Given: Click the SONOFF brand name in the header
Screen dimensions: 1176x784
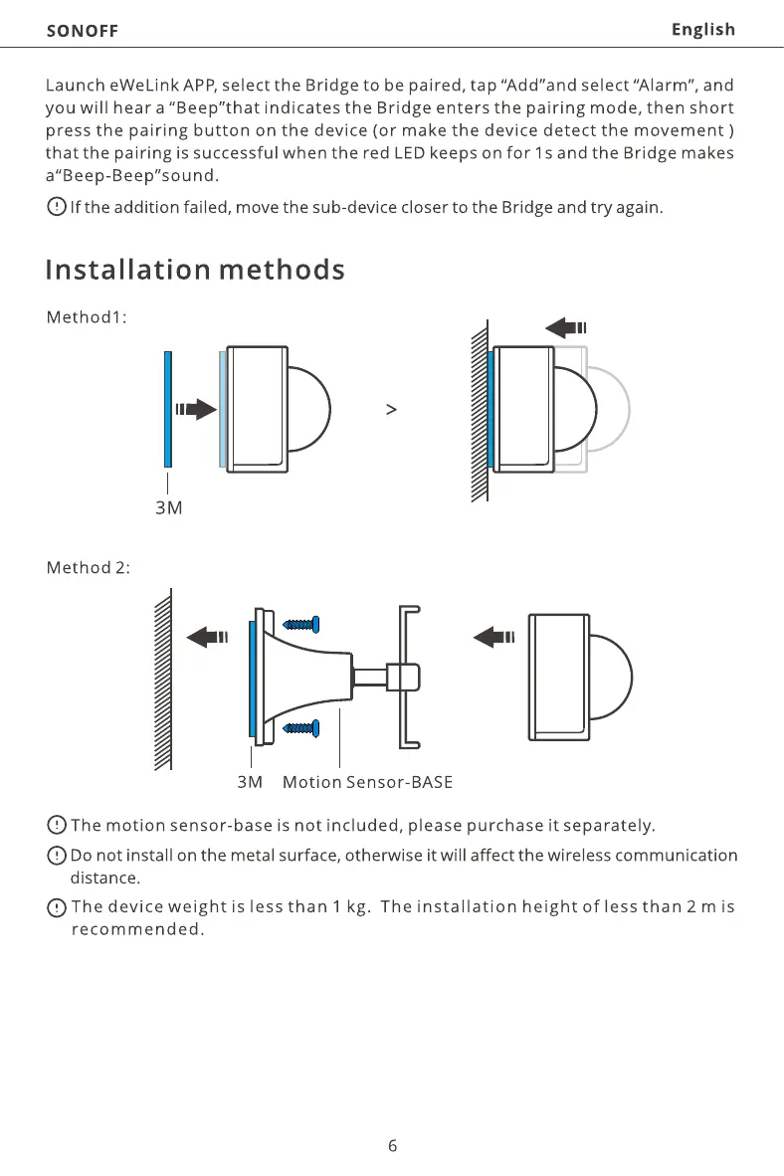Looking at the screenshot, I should (82, 30).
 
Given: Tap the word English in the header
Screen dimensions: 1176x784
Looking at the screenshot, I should (702, 29).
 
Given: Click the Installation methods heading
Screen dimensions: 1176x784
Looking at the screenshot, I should (195, 270).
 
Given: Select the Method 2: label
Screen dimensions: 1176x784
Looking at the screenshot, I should (89, 567).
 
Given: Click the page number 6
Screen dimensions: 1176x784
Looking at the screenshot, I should (392, 1145).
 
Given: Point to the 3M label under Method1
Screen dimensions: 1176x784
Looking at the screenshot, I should (169, 507).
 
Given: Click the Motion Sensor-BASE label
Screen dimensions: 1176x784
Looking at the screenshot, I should (367, 782).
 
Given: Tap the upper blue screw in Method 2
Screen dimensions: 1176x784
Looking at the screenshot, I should (300, 625).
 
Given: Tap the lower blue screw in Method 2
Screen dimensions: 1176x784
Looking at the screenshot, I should (300, 728).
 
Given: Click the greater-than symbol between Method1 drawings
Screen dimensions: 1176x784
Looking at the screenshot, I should (391, 409).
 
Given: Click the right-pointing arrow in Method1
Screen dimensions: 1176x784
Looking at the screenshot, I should (196, 409).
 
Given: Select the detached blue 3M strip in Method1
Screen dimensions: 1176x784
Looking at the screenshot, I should (169, 409).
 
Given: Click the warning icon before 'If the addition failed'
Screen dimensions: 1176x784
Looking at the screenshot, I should (56, 207).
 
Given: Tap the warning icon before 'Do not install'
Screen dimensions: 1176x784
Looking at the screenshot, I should (56, 855).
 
